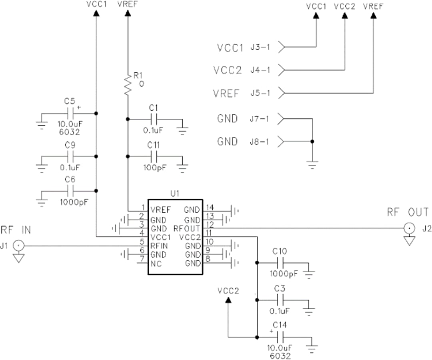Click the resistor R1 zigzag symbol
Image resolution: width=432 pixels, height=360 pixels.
click(128, 84)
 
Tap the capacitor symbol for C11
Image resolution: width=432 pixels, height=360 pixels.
click(154, 156)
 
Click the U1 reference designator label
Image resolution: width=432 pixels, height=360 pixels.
click(175, 193)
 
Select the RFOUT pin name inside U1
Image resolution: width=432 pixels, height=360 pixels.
click(186, 228)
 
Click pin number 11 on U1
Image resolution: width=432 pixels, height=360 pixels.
click(208, 233)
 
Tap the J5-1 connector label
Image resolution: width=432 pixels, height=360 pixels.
click(260, 93)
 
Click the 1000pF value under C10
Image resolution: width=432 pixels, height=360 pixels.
click(283, 274)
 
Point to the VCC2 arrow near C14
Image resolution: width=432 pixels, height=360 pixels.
click(228, 300)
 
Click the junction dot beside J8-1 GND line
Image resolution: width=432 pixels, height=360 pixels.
click(312, 141)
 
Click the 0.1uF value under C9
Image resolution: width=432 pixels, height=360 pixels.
click(70, 167)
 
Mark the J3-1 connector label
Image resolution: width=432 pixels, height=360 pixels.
click(260, 47)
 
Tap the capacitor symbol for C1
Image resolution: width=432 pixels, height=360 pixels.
click(154, 119)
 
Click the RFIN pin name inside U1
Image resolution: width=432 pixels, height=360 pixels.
click(159, 245)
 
